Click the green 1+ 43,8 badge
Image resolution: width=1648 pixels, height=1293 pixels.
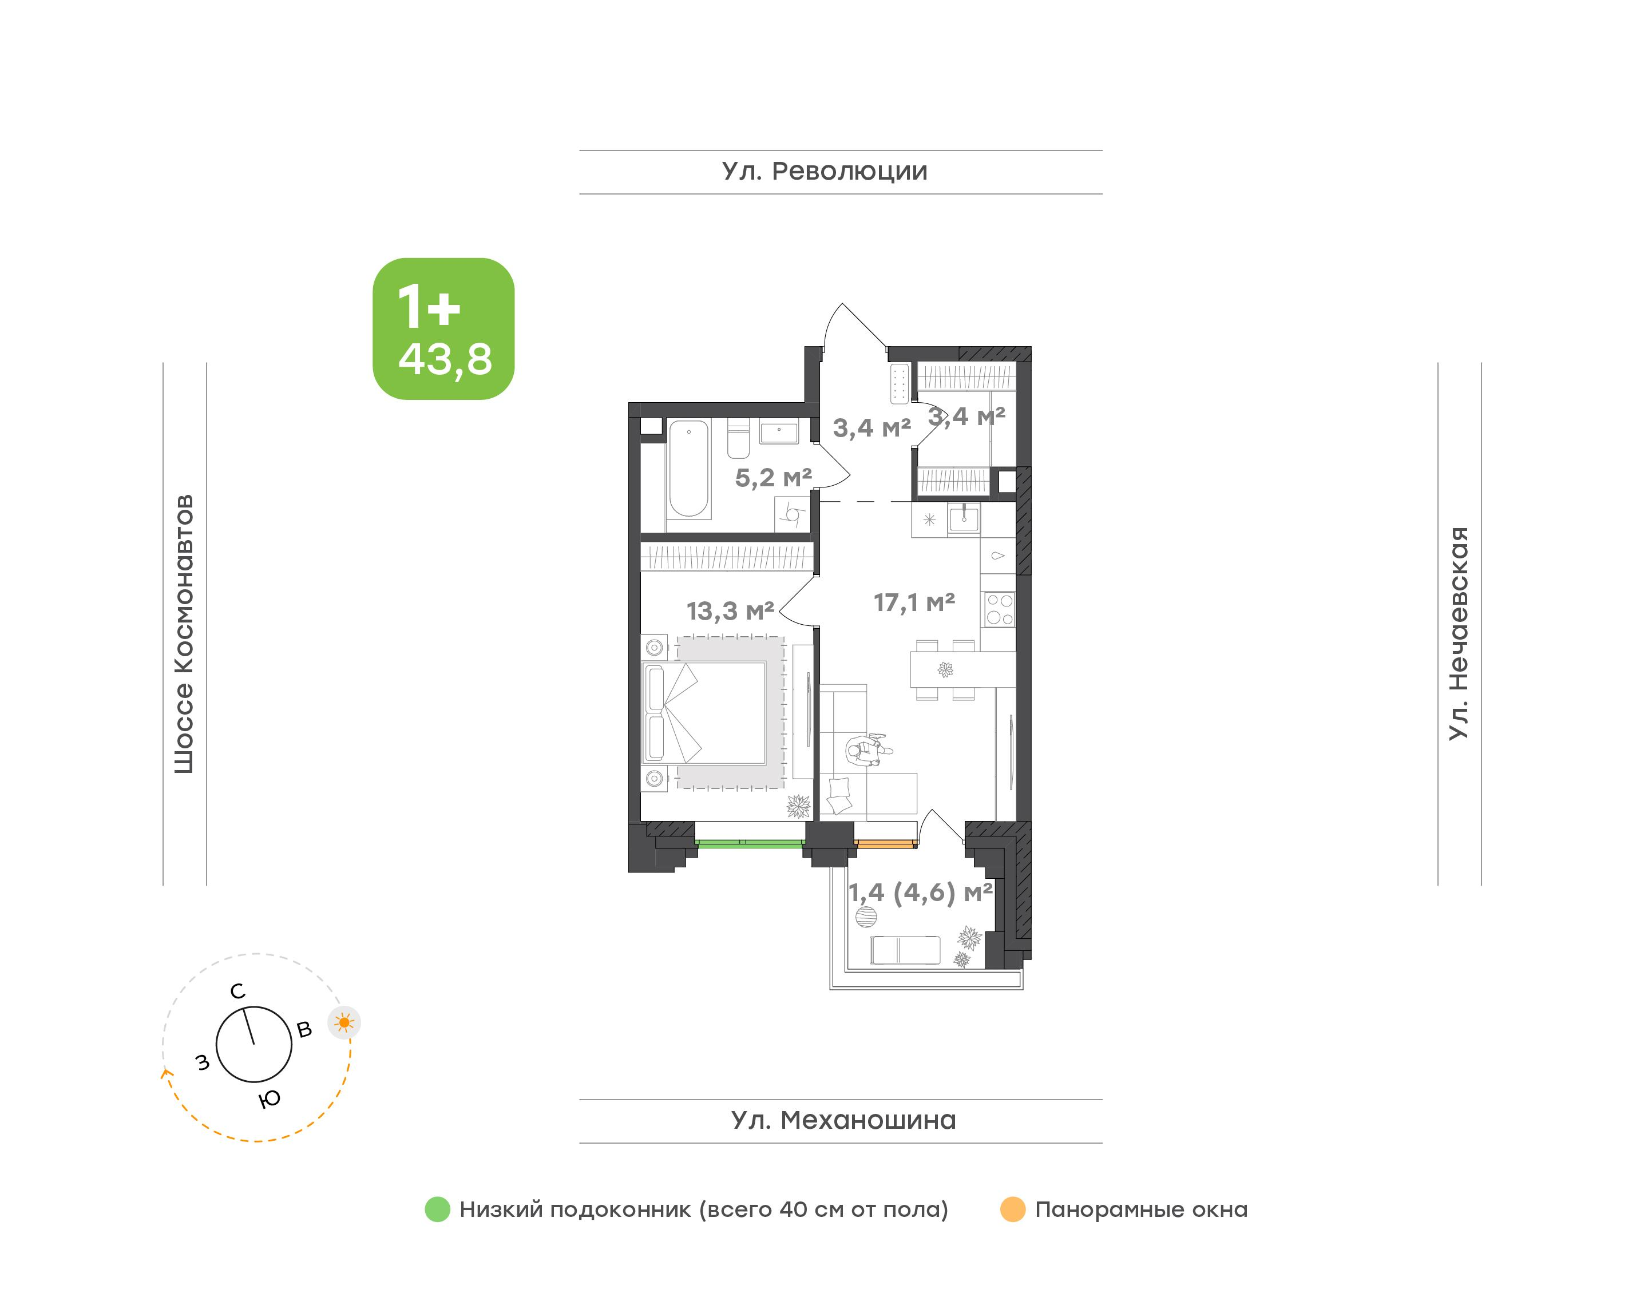pyautogui.click(x=443, y=328)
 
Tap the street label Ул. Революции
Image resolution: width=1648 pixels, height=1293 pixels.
pyautogui.click(x=825, y=171)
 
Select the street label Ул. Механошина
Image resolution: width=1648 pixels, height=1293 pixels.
pyautogui.click(x=843, y=1120)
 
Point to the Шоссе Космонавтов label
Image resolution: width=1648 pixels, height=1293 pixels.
pyautogui.click(x=184, y=634)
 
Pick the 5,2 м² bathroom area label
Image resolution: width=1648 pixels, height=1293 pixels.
pyautogui.click(x=773, y=478)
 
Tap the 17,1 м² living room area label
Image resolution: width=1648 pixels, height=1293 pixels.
pyautogui.click(x=914, y=602)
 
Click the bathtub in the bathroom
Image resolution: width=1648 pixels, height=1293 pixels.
pyautogui.click(x=689, y=469)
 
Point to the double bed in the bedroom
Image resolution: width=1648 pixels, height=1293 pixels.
pyautogui.click(x=704, y=712)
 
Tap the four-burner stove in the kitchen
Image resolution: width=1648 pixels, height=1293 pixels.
pyautogui.click(x=999, y=609)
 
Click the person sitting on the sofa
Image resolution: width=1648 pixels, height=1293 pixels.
pyautogui.click(x=867, y=751)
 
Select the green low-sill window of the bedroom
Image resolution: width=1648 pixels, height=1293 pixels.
pyautogui.click(x=750, y=843)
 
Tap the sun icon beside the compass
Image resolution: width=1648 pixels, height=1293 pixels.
pyautogui.click(x=344, y=1024)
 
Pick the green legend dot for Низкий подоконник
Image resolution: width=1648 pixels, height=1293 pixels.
pyautogui.click(x=438, y=1209)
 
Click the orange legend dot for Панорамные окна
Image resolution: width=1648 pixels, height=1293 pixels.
pyautogui.click(x=1013, y=1209)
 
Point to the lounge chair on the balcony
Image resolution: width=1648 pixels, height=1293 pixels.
pyautogui.click(x=905, y=950)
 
